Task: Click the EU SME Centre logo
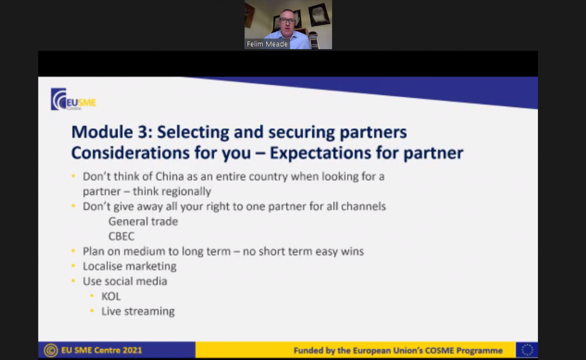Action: [73, 100]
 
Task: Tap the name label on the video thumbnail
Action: [267, 44]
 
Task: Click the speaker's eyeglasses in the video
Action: [287, 21]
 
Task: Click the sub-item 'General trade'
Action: [143, 221]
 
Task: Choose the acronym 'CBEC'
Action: [121, 236]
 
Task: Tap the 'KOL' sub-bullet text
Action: [111, 296]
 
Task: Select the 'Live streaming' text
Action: [138, 311]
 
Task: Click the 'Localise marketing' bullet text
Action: [129, 266]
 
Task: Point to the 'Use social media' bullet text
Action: [125, 281]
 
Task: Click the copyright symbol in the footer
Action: [51, 350]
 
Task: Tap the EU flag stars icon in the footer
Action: [527, 350]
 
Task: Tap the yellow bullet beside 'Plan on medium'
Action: [73, 251]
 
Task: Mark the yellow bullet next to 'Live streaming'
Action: [92, 311]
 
